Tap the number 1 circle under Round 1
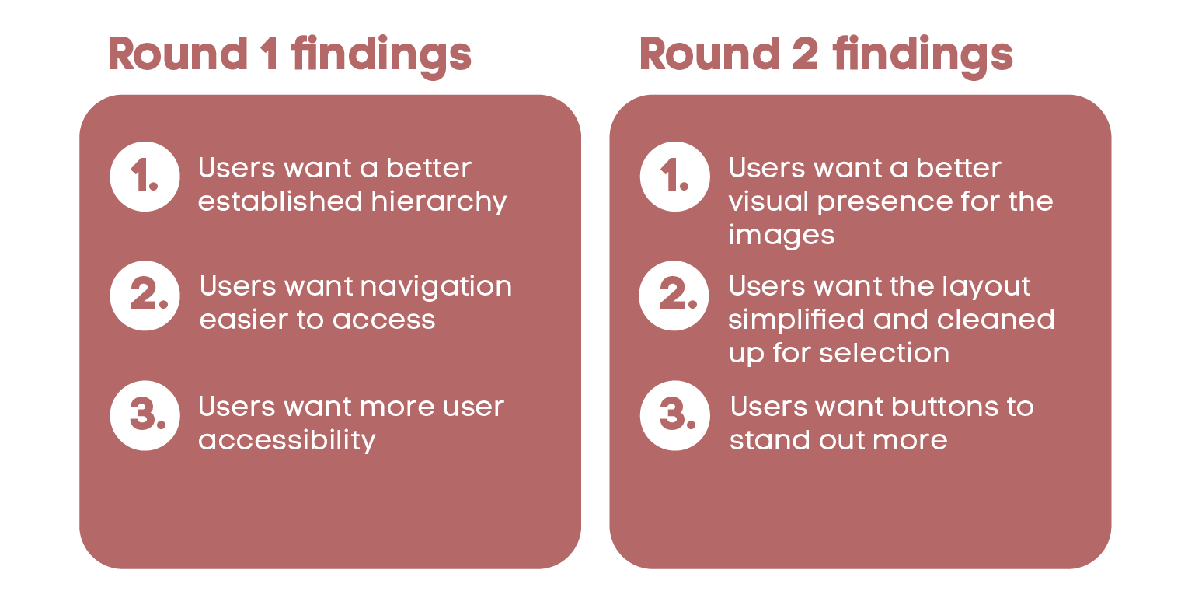(145, 177)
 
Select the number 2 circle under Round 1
(145, 296)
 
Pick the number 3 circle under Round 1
(145, 415)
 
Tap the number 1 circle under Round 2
(674, 177)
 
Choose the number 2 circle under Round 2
(674, 296)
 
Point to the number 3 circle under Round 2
(674, 415)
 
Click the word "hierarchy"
(439, 202)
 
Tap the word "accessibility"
(287, 441)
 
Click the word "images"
(781, 236)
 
